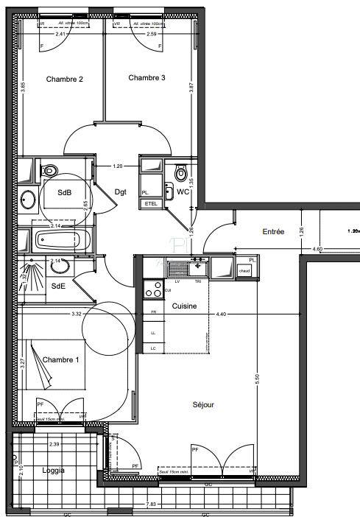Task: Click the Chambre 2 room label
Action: pyautogui.click(x=65, y=79)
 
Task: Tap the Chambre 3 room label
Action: pyautogui.click(x=147, y=77)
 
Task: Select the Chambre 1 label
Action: pyautogui.click(x=61, y=359)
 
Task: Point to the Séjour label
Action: pyautogui.click(x=202, y=404)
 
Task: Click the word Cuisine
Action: pyautogui.click(x=184, y=306)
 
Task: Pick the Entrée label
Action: pyautogui.click(x=273, y=231)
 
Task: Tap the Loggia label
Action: pyautogui.click(x=53, y=470)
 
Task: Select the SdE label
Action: pyautogui.click(x=59, y=286)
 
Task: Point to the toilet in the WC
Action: pyautogui.click(x=180, y=174)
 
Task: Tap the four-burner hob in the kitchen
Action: pyautogui.click(x=154, y=289)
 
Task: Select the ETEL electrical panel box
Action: pyautogui.click(x=151, y=203)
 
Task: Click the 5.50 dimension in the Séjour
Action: pyautogui.click(x=257, y=379)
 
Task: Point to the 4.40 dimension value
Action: pyautogui.click(x=221, y=314)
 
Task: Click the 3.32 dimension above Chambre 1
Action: pyautogui.click(x=76, y=314)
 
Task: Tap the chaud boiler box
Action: pyautogui.click(x=244, y=270)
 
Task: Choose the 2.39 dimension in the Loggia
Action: pyautogui.click(x=54, y=445)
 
